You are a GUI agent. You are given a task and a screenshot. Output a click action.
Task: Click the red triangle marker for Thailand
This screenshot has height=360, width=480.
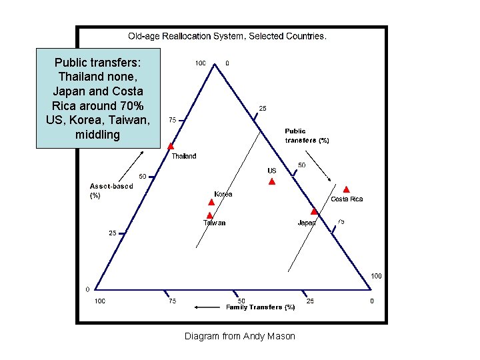171,146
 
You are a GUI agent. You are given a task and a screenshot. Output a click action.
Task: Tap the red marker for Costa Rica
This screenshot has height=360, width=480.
346,189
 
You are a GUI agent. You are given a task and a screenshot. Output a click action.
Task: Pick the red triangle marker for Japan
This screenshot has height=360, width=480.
314,211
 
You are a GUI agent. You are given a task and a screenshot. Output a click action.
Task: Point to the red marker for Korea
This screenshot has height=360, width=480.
211,202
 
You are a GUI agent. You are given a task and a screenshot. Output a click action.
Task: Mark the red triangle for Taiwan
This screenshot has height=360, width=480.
209,215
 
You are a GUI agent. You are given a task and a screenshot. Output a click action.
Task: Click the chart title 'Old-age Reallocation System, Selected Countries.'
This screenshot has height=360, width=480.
227,36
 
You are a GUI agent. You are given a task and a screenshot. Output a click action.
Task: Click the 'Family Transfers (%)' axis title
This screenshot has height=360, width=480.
261,307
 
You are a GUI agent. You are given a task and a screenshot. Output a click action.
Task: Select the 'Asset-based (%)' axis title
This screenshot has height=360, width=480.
111,191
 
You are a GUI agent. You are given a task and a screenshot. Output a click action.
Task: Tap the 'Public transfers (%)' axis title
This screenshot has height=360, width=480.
307,136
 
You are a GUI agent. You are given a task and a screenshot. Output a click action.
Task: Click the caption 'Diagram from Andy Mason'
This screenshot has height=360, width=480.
240,336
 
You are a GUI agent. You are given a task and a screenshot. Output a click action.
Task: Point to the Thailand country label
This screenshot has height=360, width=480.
184,156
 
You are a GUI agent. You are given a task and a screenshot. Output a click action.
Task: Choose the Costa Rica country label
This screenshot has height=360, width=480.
347,199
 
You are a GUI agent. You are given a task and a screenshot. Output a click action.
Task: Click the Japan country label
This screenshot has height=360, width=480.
307,223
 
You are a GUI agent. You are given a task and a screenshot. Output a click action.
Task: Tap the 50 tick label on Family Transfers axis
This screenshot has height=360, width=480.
242,301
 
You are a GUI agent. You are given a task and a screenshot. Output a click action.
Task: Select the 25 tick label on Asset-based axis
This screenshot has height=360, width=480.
113,233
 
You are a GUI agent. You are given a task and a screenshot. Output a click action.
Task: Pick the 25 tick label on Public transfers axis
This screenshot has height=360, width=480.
263,108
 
